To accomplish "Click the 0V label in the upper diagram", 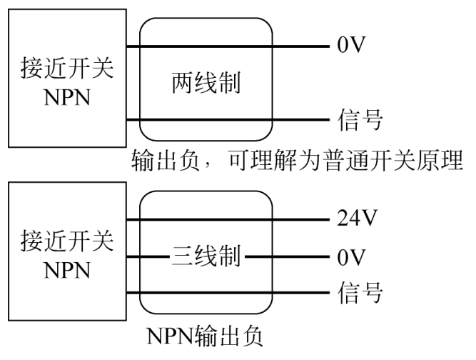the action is (x=351, y=45).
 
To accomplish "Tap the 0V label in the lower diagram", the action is (x=351, y=257).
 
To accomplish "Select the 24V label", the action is (x=357, y=218).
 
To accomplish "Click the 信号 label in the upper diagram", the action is (x=360, y=120).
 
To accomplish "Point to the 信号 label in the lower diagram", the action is (x=360, y=292).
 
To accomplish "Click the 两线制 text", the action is (x=206, y=82).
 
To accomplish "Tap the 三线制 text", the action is (x=206, y=256).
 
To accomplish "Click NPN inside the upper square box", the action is (x=67, y=98).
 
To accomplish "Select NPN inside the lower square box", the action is (x=67, y=270).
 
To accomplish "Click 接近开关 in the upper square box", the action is (x=67, y=68).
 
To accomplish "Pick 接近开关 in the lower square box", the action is (x=67, y=240).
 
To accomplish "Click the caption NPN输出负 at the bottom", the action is (x=205, y=336).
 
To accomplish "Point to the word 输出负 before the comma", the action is (x=166, y=160).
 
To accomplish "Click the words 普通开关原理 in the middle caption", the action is (x=393, y=160).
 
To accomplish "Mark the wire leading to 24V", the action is (x=228, y=219).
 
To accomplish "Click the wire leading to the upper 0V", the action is (x=228, y=46).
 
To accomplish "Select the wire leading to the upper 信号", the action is (x=228, y=120).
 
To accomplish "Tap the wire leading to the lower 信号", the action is (x=228, y=293).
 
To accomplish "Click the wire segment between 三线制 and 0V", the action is (x=287, y=256).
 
